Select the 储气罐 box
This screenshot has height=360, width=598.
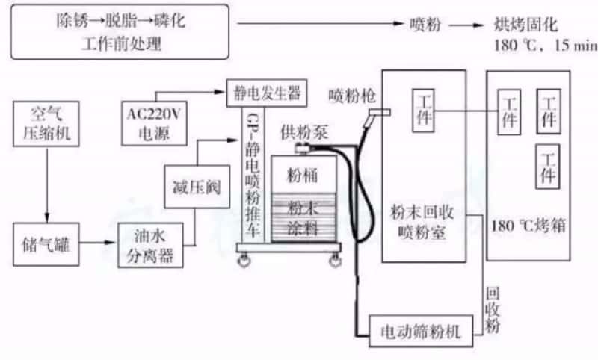[x=46, y=243]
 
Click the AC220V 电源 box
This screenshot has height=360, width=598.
[x=151, y=122]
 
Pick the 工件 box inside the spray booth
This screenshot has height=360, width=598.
[x=423, y=108]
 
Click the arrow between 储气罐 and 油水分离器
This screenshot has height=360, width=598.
[x=99, y=243]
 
